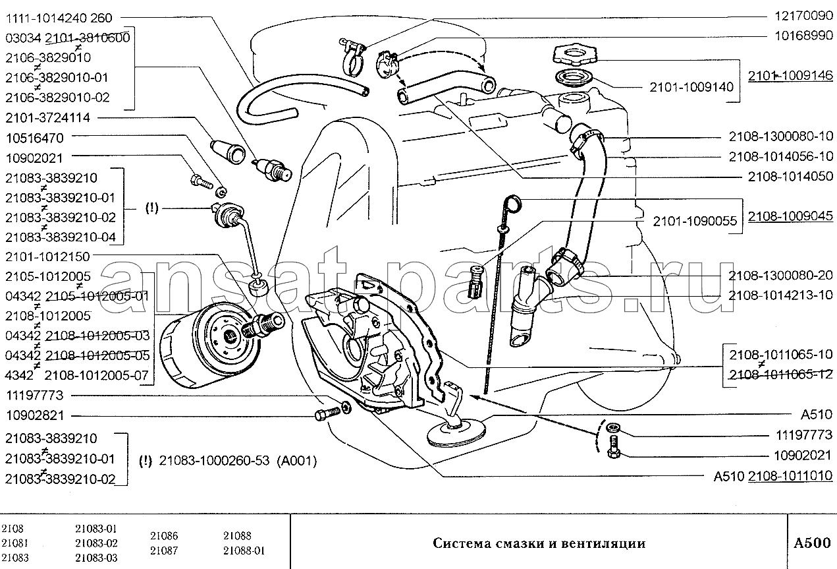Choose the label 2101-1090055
tap(695, 222)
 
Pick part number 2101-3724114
tap(47, 118)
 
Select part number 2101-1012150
tap(47, 256)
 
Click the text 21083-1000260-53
tap(215, 462)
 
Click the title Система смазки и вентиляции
tap(539, 544)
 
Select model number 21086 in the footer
tap(164, 536)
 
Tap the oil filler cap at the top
tap(572, 54)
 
